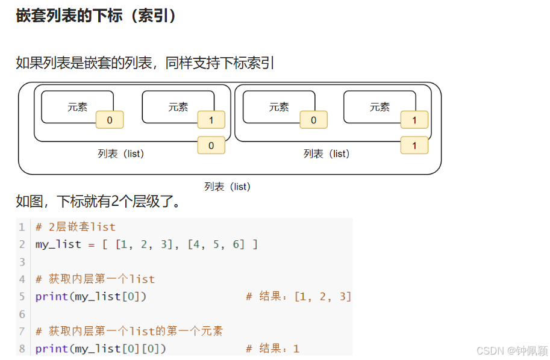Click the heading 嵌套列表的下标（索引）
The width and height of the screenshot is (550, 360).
[x=96, y=16]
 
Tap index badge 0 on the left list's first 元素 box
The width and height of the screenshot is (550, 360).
[x=110, y=120]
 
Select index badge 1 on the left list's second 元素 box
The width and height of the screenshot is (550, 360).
[x=211, y=120]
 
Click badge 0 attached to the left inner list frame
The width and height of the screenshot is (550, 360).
[x=211, y=145]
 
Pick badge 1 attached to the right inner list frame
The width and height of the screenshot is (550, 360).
[x=414, y=145]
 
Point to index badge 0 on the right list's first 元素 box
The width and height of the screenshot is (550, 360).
[x=313, y=120]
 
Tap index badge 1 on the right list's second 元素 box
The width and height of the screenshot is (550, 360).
[x=414, y=120]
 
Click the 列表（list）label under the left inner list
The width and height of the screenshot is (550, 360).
[x=121, y=154]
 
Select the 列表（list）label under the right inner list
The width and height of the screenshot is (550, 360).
[x=327, y=154]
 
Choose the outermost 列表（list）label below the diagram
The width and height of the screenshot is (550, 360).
[x=227, y=187]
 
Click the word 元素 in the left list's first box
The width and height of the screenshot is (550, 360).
[x=77, y=107]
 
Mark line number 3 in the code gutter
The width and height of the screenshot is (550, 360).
[x=22, y=262]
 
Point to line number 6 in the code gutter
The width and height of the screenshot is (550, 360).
[x=22, y=314]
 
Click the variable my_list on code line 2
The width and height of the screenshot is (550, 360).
[x=58, y=244]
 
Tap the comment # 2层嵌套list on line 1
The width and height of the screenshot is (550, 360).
[x=75, y=227]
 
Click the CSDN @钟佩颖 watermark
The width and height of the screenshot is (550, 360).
[x=511, y=350]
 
